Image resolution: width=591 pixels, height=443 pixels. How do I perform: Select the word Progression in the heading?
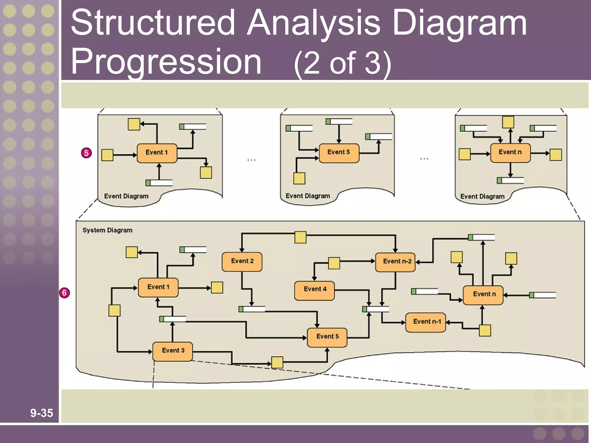pos(166,62)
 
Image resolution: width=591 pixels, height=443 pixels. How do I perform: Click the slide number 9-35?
pos(42,413)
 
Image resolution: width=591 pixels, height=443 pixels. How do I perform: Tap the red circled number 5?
pos(86,153)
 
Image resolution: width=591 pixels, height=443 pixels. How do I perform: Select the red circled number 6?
pos(64,293)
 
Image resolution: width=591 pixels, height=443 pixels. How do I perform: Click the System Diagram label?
pos(107,230)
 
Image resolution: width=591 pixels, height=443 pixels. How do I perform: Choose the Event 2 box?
pos(242,261)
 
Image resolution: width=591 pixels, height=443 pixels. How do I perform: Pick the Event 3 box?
pos(173,351)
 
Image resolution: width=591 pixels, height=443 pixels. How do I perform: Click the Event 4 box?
pos(315,290)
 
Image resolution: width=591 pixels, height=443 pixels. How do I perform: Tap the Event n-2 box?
pos(395,262)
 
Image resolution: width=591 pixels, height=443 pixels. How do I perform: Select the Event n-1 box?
pos(426,322)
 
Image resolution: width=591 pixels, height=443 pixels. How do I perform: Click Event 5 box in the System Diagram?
pos(327,337)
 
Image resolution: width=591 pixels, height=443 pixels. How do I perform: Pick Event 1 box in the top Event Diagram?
pos(157,153)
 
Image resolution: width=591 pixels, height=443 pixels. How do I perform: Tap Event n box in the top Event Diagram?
pos(510,153)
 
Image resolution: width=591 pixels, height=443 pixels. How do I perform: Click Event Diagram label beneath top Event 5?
pos(308,196)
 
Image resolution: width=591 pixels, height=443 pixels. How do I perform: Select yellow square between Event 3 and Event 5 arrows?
pos(277,362)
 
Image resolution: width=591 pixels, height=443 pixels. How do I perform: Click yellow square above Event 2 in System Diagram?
pos(300,237)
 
